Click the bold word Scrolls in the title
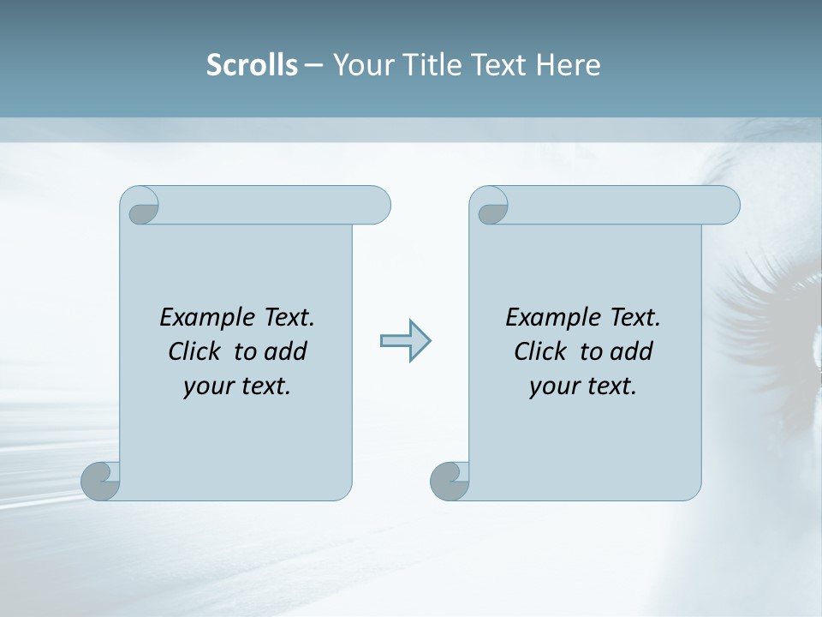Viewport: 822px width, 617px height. click(252, 65)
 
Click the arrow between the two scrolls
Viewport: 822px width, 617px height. click(405, 341)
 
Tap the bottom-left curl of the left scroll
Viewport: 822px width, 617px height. click(100, 480)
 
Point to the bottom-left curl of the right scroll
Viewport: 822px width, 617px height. click(450, 481)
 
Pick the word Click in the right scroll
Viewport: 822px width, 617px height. click(539, 351)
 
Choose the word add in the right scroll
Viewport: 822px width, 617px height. click(631, 351)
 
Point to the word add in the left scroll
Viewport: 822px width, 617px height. click(285, 351)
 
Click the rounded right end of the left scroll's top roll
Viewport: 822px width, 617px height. click(377, 205)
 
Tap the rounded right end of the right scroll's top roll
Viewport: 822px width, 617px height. click(726, 205)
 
